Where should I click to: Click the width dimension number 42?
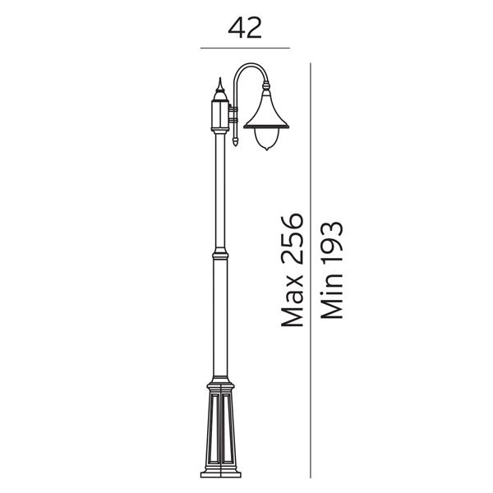(x=245, y=28)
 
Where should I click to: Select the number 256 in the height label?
(x=292, y=238)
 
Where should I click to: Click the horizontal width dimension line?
(x=245, y=48)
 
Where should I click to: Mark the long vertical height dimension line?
(x=311, y=270)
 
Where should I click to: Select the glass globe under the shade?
(x=266, y=139)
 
